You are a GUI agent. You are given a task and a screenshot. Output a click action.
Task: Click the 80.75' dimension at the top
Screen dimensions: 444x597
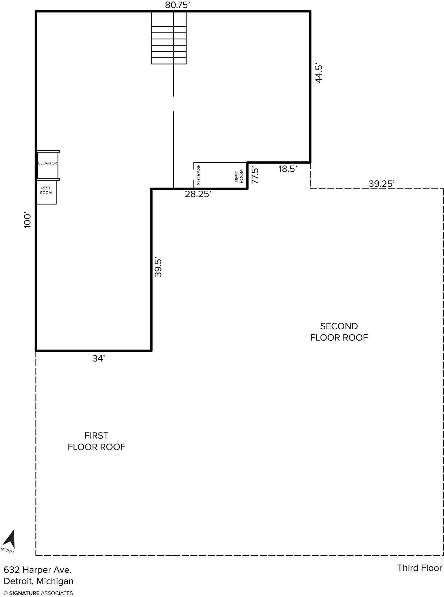178,5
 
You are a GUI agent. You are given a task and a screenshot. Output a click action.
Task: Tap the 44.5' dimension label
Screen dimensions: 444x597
319,73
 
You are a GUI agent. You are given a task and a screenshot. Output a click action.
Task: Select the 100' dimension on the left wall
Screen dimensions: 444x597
27,221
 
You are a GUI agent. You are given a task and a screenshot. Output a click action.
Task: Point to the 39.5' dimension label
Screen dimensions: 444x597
158,267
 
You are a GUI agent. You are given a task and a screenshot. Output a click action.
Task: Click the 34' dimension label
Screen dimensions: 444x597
99,358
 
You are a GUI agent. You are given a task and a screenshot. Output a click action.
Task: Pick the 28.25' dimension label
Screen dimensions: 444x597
198,194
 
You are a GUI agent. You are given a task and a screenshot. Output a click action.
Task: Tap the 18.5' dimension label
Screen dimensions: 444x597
288,169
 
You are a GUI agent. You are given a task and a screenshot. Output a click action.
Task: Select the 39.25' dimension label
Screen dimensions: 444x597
382,184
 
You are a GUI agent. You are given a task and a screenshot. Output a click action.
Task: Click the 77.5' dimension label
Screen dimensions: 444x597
255,176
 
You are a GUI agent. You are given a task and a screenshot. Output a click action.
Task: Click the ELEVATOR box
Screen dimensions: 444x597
47,165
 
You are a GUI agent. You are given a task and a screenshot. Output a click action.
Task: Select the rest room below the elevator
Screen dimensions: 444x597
46,192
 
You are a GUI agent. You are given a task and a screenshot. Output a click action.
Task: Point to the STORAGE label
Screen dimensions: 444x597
198,175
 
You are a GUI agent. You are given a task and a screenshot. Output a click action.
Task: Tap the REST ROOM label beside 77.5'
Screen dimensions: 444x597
239,176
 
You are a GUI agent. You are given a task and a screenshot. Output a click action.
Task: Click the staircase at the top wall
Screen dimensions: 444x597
169,38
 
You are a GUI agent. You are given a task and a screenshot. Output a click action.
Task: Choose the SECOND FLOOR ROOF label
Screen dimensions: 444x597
339,332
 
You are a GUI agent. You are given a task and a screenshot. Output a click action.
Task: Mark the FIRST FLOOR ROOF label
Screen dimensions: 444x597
96,441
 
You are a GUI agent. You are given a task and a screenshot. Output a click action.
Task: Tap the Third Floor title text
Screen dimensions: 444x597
420,568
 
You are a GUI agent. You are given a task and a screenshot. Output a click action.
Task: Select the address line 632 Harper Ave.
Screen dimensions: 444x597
38,570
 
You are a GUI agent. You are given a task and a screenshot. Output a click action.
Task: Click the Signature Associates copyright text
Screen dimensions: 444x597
38,593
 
